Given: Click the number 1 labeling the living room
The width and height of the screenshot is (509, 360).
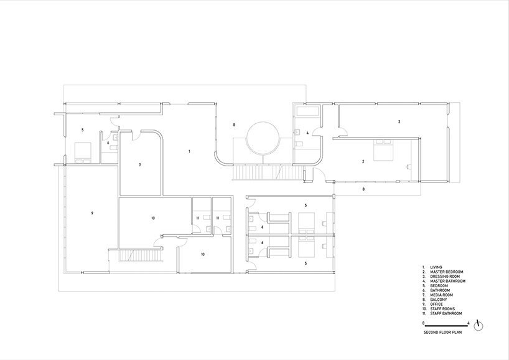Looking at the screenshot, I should [189, 151].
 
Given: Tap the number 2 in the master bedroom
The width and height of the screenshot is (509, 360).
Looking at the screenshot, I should [363, 161].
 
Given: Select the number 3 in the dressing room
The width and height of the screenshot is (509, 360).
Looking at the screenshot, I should [399, 121].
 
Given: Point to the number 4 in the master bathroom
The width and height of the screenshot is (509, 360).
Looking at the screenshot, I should [307, 133].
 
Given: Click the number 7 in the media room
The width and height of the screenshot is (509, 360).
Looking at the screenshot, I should [140, 165].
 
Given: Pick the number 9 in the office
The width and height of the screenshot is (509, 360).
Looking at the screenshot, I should [91, 213].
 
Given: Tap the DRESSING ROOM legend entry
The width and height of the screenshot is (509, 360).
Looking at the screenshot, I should [446, 277].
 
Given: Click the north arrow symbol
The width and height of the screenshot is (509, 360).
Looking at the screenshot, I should [478, 325].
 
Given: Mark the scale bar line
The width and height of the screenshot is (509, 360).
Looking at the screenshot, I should [446, 326].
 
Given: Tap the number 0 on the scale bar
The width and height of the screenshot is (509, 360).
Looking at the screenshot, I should [423, 323].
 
